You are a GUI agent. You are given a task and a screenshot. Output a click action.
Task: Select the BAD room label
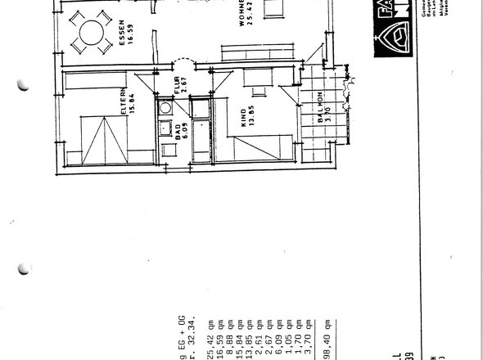[178, 133]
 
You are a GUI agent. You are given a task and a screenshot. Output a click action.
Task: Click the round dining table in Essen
[88, 34]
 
